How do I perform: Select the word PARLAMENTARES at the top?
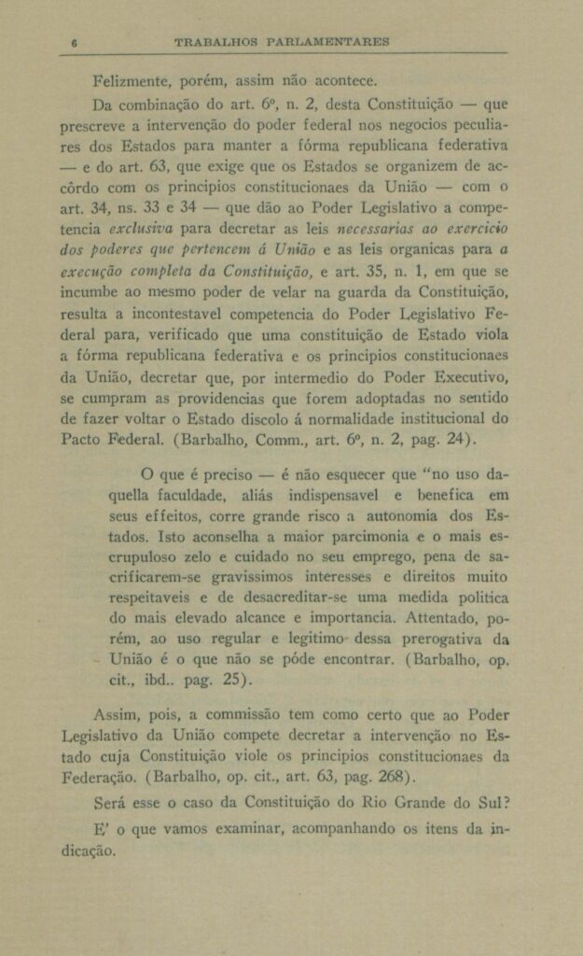[328, 42]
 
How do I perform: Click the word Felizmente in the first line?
[131, 79]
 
